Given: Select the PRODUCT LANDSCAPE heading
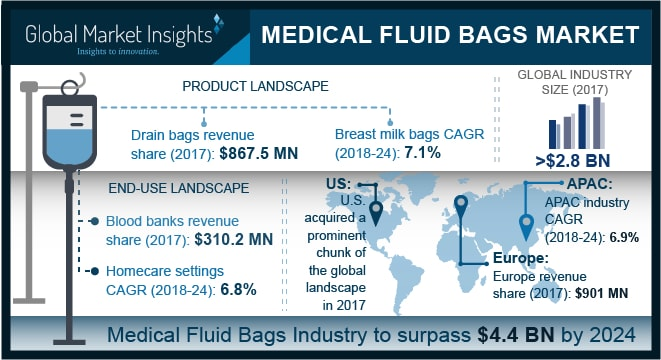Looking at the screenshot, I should point(255,87).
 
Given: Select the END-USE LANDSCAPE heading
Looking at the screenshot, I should point(166,187).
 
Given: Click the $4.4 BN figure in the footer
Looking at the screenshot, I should point(509,334).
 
